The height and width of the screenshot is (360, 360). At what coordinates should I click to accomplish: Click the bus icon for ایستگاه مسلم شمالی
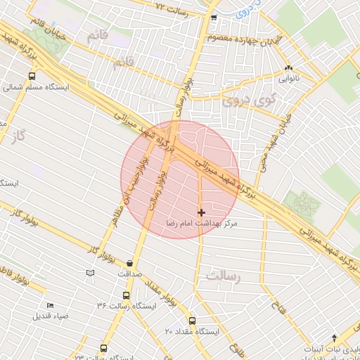point(32,77)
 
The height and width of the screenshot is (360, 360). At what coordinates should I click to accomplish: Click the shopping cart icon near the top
point(214,18)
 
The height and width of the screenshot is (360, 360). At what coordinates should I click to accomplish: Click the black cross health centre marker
point(202,212)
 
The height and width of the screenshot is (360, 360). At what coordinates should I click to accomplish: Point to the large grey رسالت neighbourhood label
point(223,276)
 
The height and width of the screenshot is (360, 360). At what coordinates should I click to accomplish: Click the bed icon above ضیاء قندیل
point(50,305)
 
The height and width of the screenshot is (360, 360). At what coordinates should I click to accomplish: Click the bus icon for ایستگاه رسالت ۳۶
point(126,295)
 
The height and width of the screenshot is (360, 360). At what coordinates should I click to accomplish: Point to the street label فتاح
point(275,307)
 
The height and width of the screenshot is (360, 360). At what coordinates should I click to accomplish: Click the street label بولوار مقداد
point(162,296)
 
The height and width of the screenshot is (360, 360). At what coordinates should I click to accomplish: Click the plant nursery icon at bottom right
point(335,337)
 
